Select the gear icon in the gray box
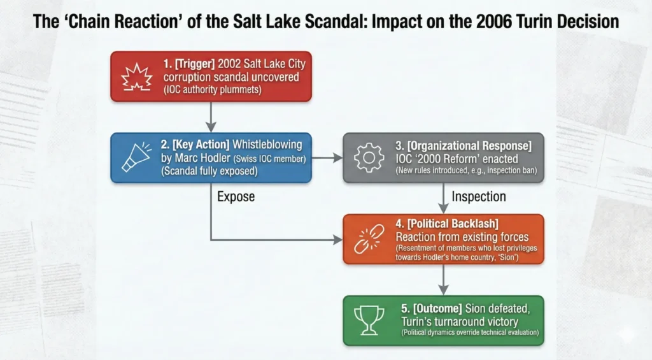(369, 157)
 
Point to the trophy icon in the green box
(369, 320)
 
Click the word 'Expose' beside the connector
(236, 196)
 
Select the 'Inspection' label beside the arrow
(479, 196)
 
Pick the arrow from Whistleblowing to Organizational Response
(327, 158)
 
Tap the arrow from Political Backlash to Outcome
(444, 280)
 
